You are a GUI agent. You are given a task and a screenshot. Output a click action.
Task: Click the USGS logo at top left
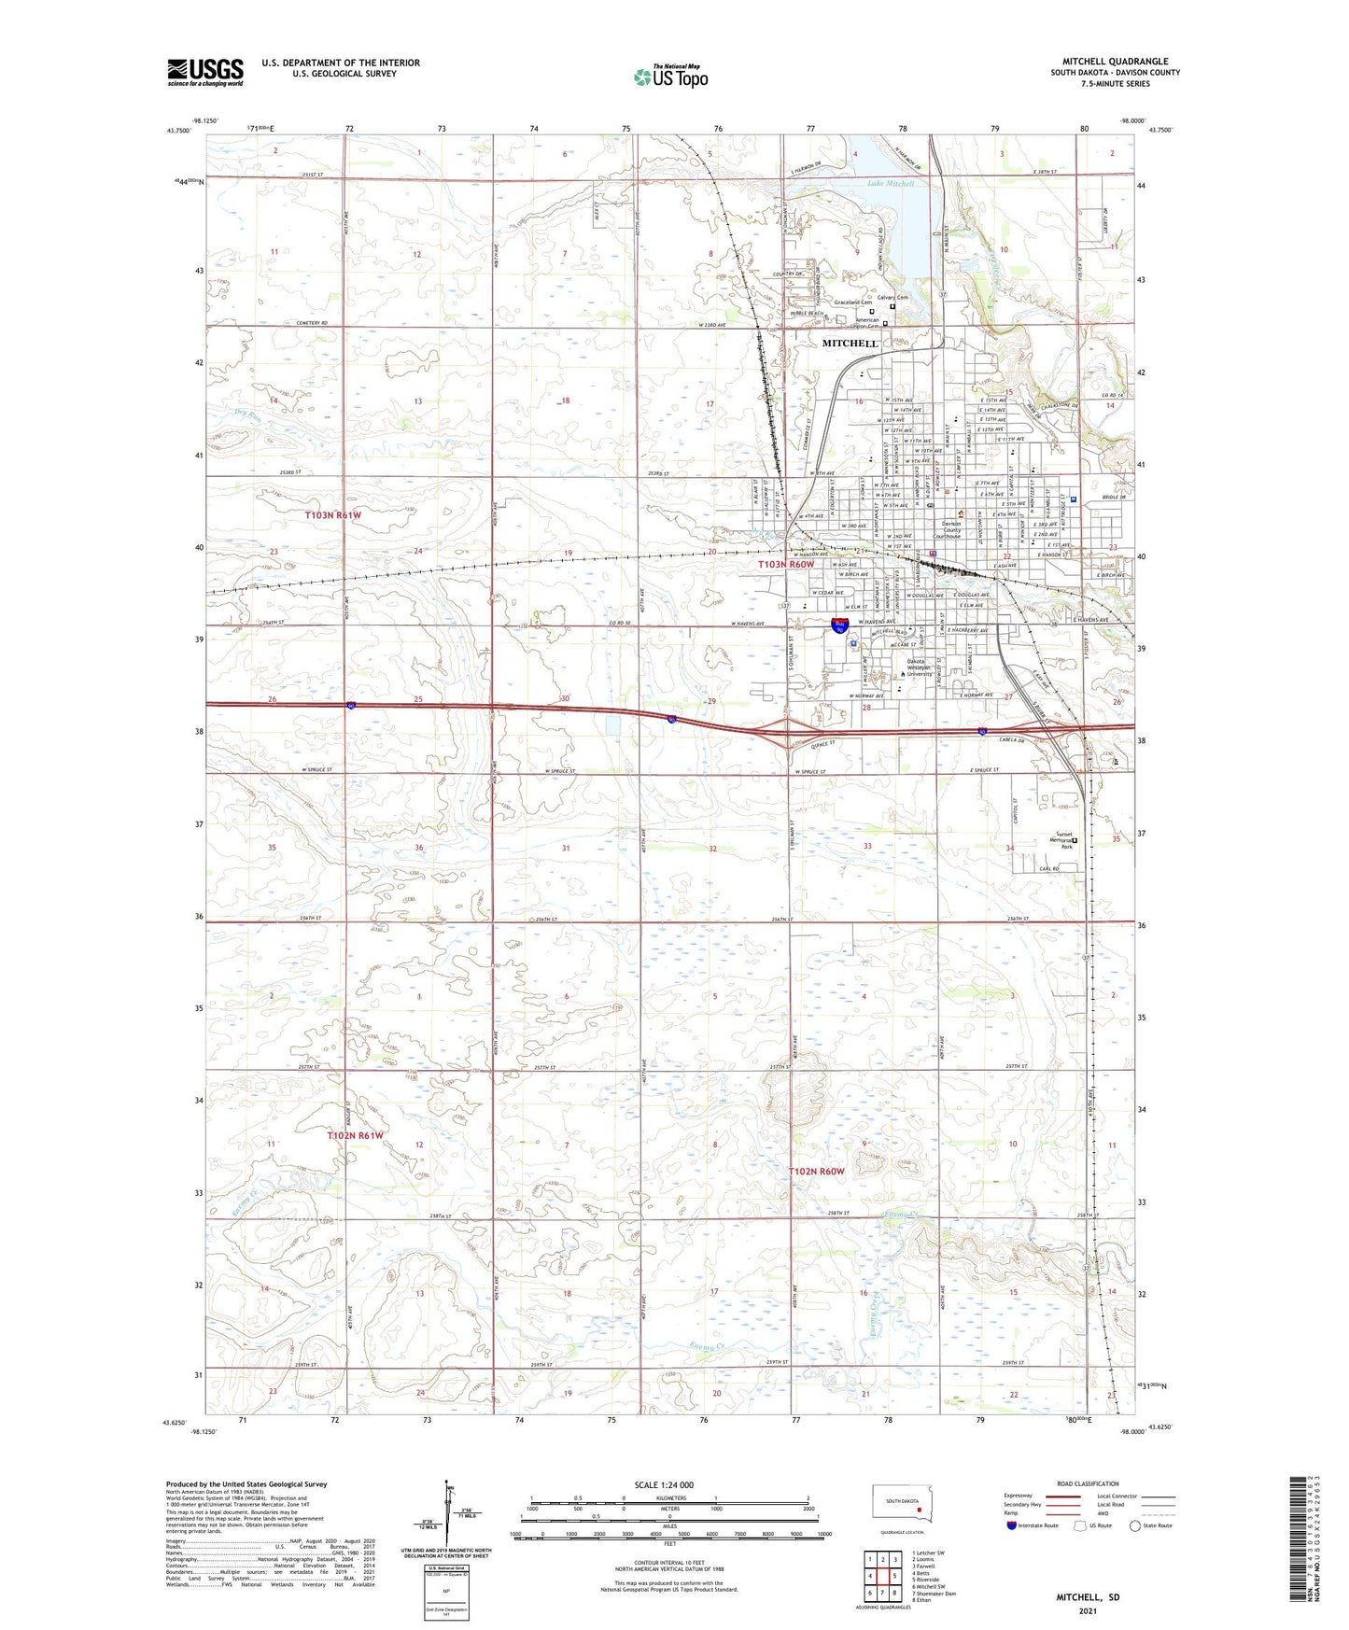pos(204,72)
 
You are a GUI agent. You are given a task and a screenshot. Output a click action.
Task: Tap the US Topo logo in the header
pos(669,77)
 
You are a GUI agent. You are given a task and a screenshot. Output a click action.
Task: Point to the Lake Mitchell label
pos(891,184)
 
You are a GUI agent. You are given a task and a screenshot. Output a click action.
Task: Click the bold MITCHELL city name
pos(850,344)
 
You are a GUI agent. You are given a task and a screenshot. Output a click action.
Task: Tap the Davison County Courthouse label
pos(951,529)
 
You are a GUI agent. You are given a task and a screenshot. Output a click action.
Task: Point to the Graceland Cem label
pos(852,302)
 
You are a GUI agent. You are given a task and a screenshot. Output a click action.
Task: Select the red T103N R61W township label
pos(332,514)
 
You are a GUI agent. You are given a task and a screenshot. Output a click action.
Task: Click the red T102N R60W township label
pos(816,1171)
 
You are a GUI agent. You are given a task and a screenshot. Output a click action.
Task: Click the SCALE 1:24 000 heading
pos(664,1484)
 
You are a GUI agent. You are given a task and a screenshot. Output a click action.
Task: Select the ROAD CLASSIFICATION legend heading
pos(1088,1483)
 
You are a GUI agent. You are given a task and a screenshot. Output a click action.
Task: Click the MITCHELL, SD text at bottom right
pos(1088,1597)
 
